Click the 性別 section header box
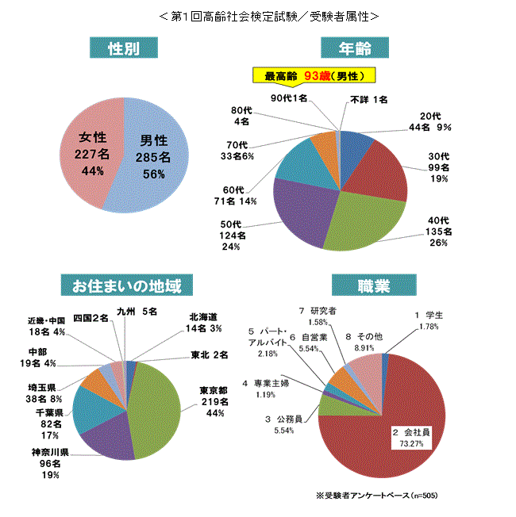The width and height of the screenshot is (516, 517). [x=123, y=48]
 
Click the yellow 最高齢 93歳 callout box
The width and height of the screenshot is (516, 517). [x=314, y=76]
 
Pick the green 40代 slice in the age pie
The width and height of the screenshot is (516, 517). [x=361, y=222]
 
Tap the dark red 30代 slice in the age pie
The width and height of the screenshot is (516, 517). [x=381, y=170]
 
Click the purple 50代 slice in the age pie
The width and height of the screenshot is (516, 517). [x=302, y=210]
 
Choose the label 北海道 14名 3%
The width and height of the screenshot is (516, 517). [x=204, y=323]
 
